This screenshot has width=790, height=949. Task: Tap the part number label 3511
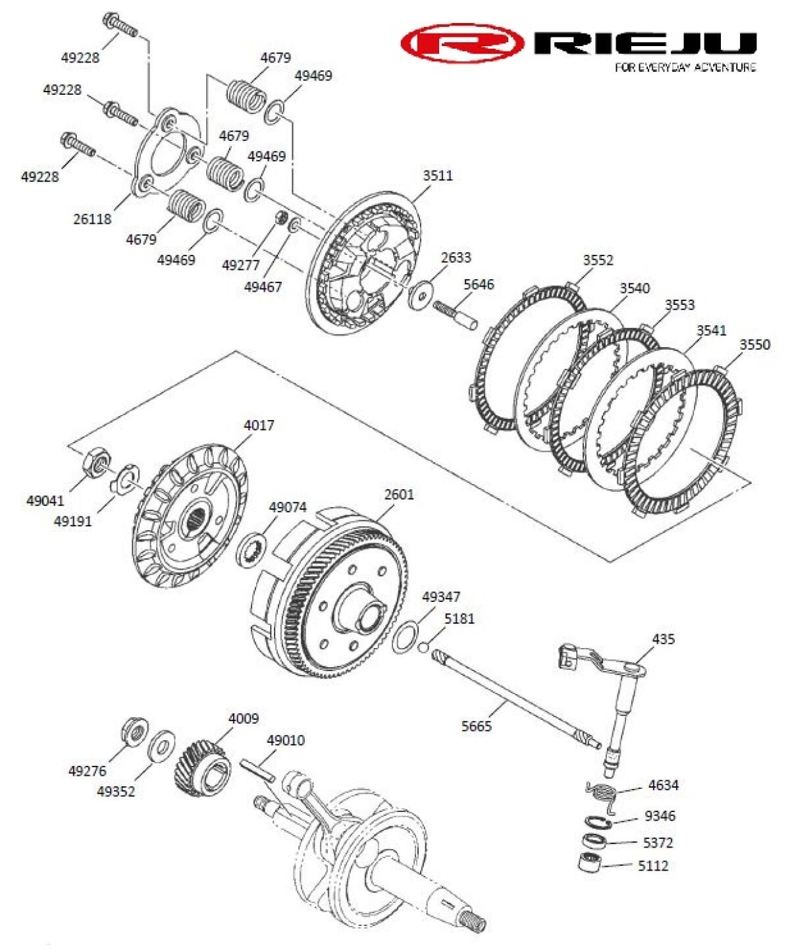pos(438,176)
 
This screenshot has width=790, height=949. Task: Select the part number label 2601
pos(399,494)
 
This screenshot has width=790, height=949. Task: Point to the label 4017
pos(259,425)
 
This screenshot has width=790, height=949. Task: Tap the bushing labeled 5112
pos(589,863)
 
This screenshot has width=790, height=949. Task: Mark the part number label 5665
pos(476,726)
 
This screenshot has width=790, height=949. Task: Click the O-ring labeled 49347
pos(404,636)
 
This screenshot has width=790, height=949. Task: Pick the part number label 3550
pos(754,344)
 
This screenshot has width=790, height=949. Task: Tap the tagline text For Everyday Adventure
pos(685,67)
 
